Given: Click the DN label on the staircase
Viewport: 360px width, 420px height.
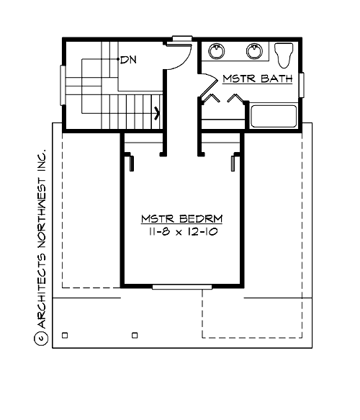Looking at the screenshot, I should coord(128,60).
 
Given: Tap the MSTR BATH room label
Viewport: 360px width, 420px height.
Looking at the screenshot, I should coord(256,78).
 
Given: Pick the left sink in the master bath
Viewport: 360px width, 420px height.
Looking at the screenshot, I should coord(216,50).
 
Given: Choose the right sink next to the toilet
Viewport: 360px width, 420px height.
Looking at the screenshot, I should coord(253,50).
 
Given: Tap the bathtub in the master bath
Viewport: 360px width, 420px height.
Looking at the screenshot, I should coord(274,115).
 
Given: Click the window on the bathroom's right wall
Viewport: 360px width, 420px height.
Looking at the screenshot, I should coord(303,87).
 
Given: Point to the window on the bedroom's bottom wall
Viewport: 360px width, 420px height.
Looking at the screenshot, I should coord(181,287).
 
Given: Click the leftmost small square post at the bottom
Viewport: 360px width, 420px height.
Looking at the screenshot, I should coord(65,334).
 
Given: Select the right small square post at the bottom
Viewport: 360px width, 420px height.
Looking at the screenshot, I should coord(135,334).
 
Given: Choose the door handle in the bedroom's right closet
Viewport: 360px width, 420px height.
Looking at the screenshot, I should coord(233,164).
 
